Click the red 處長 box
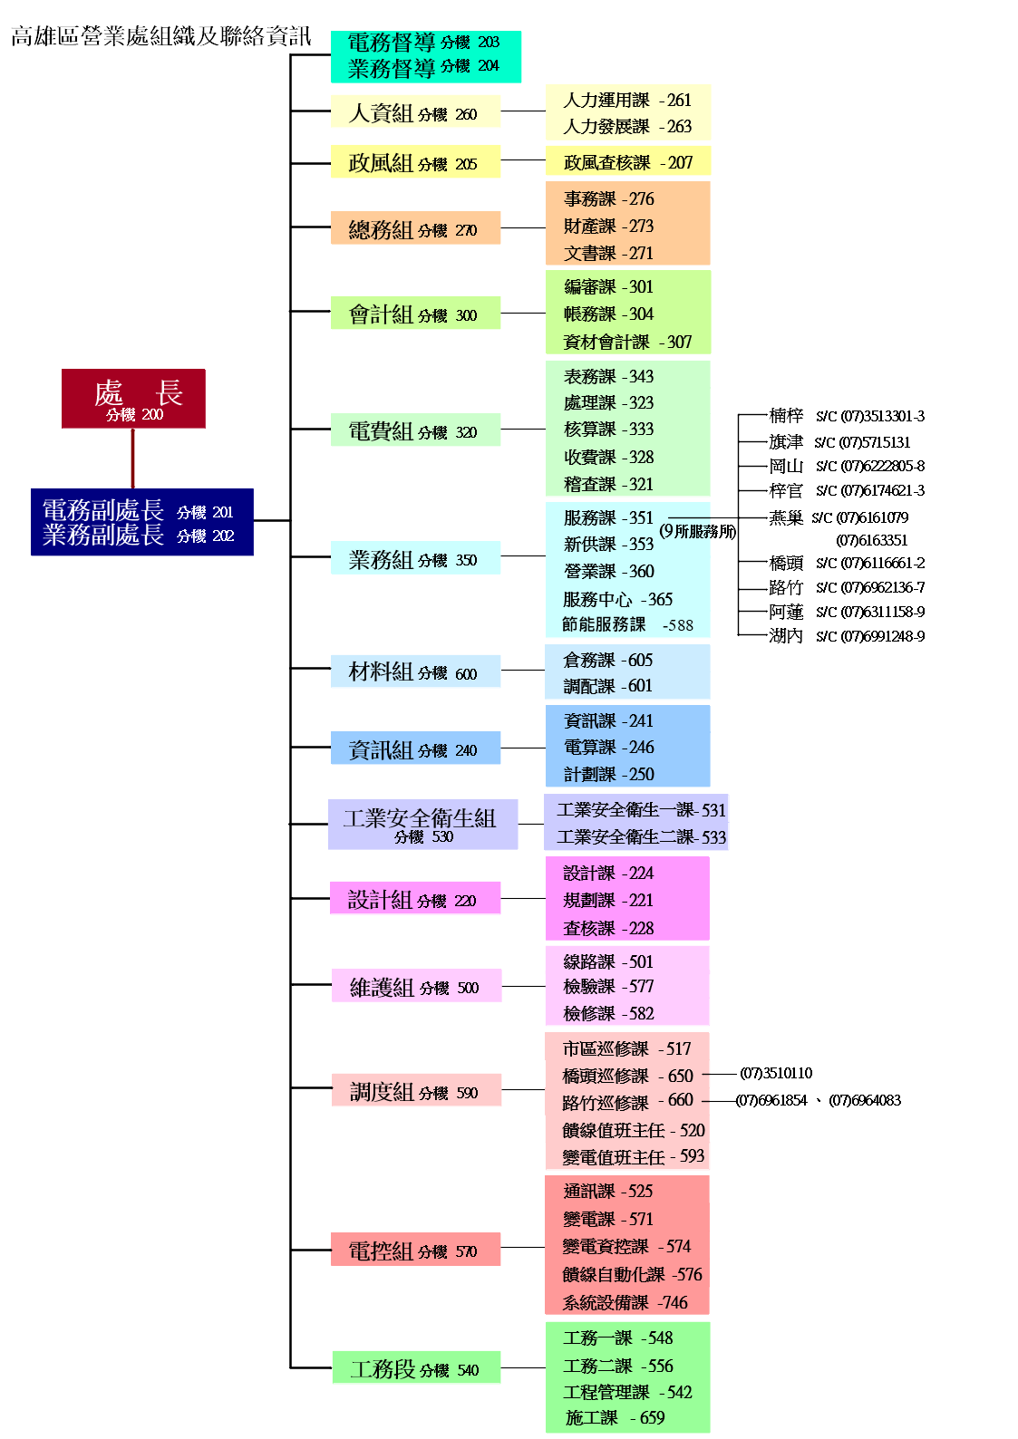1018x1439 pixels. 133,399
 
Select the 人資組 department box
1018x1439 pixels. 415,112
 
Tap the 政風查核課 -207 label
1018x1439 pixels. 627,163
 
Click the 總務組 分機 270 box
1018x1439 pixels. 415,228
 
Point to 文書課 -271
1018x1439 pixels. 608,254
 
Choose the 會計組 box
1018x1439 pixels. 415,314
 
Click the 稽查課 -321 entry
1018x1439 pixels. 608,484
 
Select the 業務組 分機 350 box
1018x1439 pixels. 415,558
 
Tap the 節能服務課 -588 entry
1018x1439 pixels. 627,624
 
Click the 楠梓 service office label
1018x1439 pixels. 785,416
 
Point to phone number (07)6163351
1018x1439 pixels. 871,540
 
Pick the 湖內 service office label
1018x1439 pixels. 785,636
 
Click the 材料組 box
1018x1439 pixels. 415,671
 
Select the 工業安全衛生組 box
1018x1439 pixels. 422,824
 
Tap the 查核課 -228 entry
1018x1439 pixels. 608,928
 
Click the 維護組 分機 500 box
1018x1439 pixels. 416,986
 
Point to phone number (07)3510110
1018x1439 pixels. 776,1074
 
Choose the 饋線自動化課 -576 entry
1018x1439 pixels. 632,1275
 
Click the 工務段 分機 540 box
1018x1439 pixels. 416,1368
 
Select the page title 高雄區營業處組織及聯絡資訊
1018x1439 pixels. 161,36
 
